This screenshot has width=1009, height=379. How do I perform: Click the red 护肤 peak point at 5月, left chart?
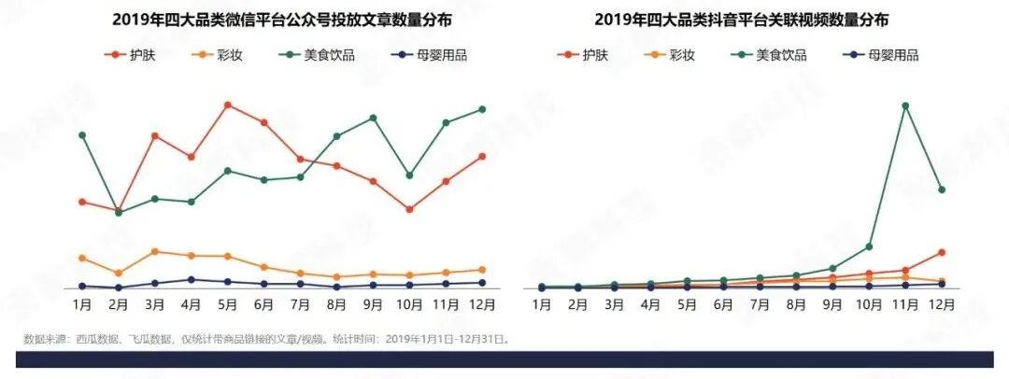point(227,105)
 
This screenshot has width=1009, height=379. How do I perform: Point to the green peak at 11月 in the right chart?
point(905,105)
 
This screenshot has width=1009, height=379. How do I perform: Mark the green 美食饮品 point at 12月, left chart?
point(482,109)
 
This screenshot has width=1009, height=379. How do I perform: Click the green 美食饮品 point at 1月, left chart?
point(82,135)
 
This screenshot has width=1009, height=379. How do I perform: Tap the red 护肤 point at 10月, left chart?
point(409,209)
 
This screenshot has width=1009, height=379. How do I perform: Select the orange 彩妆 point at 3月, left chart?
point(154,251)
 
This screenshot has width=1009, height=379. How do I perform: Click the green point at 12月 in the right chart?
point(942,189)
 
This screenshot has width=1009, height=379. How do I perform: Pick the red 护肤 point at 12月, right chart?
point(942,252)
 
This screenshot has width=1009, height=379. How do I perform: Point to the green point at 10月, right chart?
point(869,246)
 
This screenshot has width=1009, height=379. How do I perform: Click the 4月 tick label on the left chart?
point(191,304)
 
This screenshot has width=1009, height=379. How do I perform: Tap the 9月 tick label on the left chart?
point(373,304)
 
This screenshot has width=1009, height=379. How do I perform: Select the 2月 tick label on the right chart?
point(578,304)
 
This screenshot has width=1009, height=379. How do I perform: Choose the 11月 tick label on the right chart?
point(904,304)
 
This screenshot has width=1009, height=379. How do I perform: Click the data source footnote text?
point(266,339)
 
